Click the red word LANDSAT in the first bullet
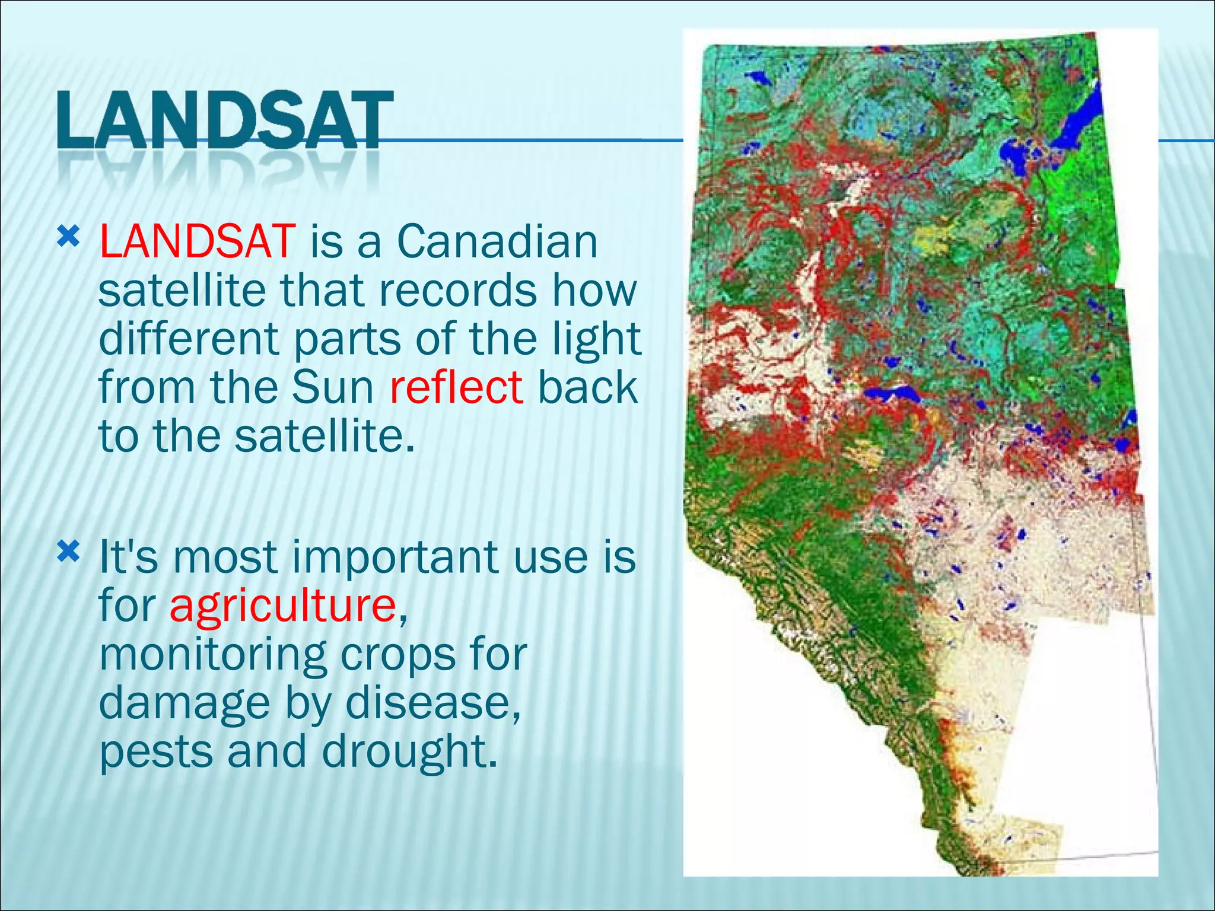pos(197,242)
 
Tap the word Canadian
pos(497,242)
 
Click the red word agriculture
pos(283,606)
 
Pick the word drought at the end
pos(408,752)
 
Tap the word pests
pos(155,752)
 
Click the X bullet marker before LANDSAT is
pos(68,238)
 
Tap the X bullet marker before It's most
pos(68,553)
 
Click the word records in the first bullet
pos(457,291)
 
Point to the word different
pos(189,339)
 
